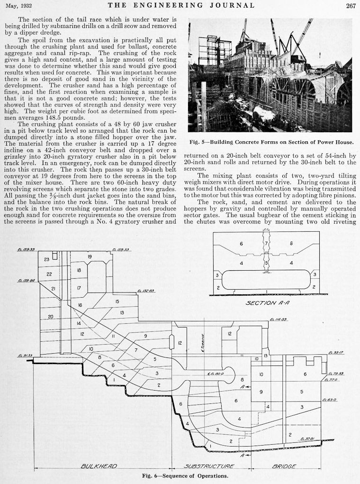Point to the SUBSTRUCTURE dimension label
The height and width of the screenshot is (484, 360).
coord(209,466)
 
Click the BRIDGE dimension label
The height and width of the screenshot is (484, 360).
coord(284,466)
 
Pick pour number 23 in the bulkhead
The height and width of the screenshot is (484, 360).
coord(47,259)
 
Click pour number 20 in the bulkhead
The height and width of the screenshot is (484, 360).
coord(50,317)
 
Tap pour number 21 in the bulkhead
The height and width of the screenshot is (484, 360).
coord(53,289)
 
